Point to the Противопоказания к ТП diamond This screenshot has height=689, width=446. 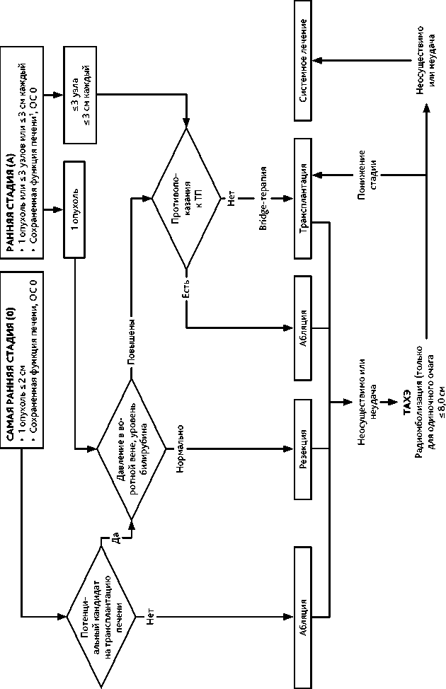pos(185,198)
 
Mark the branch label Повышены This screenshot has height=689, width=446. pos(130,343)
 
